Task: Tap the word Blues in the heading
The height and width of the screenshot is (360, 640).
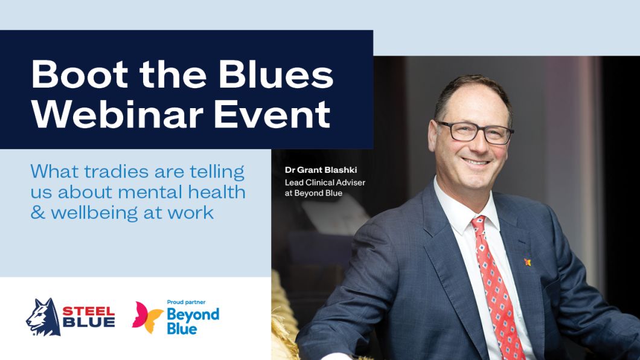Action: (276, 74)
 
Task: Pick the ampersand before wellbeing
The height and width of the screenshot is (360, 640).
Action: (37, 213)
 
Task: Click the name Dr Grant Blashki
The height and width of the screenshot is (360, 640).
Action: (321, 170)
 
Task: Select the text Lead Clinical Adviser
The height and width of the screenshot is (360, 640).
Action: (325, 182)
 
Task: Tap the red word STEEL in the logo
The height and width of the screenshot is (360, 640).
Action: (89, 312)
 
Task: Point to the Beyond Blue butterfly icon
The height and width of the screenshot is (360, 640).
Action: (147, 317)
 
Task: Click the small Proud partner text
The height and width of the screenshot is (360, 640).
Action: (186, 303)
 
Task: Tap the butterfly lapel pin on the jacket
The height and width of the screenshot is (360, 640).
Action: (527, 262)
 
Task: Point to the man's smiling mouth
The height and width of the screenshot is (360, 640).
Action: (476, 162)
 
